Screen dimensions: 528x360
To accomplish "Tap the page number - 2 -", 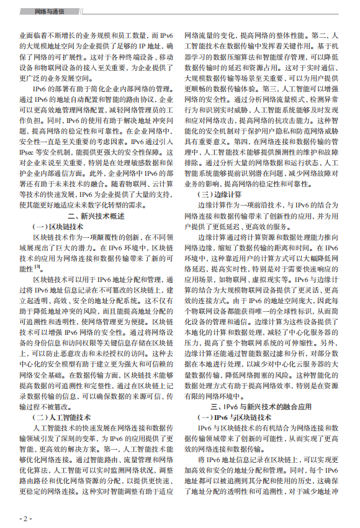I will coord(25,517).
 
